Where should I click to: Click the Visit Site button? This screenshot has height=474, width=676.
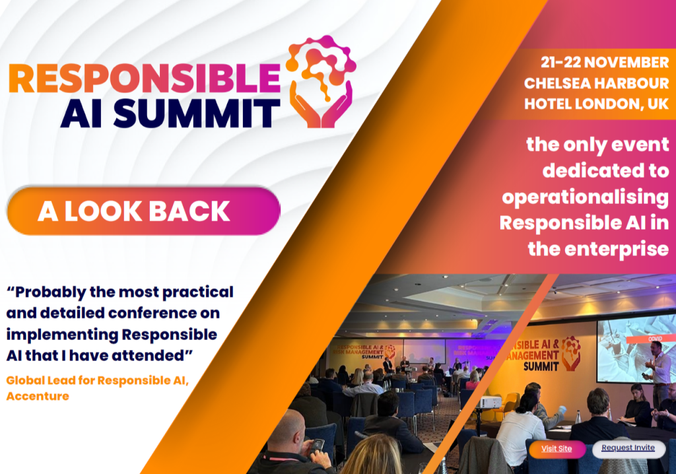[x=557, y=449]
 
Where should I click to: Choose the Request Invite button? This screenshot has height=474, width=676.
[x=628, y=448]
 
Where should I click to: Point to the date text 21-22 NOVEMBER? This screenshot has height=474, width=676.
[x=605, y=63]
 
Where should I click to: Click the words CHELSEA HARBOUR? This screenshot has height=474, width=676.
[x=596, y=83]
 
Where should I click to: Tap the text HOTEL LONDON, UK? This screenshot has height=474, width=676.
[x=596, y=104]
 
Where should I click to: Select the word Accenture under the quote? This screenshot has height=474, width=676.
[x=38, y=396]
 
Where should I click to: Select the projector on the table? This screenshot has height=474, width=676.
[x=489, y=403]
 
